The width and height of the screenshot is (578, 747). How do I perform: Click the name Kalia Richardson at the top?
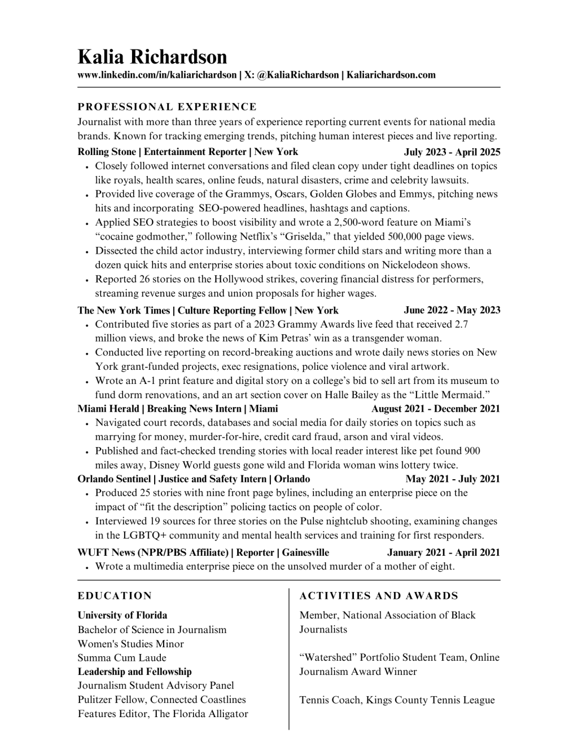152,57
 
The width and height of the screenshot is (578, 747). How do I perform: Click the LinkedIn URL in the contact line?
157,75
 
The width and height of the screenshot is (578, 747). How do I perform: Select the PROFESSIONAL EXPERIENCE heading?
167,107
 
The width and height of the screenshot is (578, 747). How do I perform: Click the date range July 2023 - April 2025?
452,152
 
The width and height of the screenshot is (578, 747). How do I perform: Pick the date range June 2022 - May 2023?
452,310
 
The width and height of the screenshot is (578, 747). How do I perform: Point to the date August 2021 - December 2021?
436,409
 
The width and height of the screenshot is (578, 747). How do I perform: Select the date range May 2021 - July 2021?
453,479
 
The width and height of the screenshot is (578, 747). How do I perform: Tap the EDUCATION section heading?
115,596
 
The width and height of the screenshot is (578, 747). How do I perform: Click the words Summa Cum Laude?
122,657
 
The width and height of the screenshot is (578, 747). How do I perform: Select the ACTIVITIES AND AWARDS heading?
379,596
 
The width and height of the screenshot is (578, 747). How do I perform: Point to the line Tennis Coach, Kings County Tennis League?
397,700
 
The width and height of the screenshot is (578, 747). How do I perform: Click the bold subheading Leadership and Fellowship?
134,671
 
